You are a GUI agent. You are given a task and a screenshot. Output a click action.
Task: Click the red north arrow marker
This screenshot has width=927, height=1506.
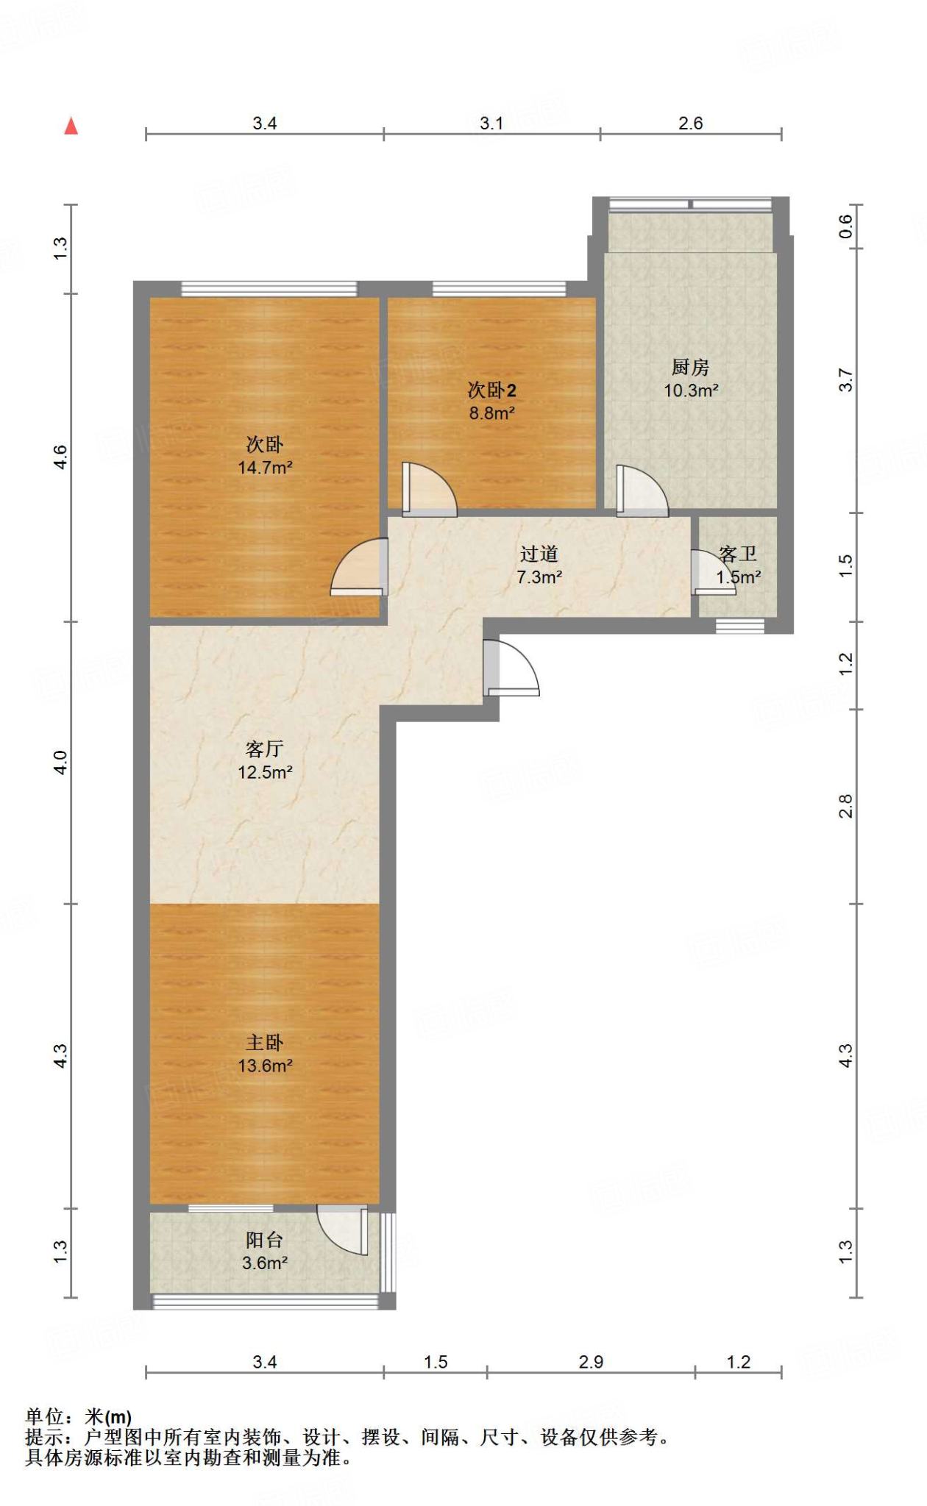coord(71,126)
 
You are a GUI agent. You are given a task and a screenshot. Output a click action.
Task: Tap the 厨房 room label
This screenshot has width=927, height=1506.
coord(690,367)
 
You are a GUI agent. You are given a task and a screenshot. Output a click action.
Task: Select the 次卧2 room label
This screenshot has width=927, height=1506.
coord(492,390)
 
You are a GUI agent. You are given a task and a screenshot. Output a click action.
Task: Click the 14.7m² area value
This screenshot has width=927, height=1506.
coord(265,467)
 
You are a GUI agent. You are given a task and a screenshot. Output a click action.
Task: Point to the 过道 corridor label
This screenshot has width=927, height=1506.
coord(539,554)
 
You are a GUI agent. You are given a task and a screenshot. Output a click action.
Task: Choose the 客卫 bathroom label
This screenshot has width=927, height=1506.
coord(738,554)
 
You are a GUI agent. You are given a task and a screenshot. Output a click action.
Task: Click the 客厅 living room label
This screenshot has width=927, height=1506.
coord(265,749)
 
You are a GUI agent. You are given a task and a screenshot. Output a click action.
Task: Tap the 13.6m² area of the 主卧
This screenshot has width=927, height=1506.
coord(265,1066)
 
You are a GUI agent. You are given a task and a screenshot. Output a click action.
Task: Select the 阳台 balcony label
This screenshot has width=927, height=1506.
coord(265,1240)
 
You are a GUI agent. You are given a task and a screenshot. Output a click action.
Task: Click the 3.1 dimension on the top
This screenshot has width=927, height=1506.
coord(491,124)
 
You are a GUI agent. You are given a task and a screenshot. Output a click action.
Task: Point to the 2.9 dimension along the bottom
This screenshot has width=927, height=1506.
coord(591,1362)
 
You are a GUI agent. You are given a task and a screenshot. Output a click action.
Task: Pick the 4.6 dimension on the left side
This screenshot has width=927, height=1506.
coord(60,457)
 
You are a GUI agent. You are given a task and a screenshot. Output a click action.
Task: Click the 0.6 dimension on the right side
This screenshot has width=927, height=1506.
coord(846,226)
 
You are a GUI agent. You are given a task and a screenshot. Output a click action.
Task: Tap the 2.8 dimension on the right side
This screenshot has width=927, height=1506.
coord(846,806)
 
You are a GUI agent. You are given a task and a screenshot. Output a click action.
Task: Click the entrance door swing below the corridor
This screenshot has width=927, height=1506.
coord(512,668)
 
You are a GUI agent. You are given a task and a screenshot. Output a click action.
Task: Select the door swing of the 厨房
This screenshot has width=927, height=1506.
coord(642,490)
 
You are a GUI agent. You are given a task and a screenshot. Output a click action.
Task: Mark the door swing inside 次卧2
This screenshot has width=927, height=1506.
coord(430,489)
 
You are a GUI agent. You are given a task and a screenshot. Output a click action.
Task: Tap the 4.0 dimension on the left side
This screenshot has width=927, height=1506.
coord(60,763)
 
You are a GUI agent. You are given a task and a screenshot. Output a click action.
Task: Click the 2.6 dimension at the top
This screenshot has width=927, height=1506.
coord(691,124)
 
